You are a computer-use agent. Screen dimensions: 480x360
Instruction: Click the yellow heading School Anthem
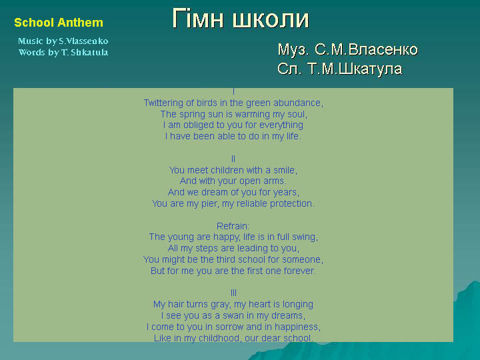point(59,23)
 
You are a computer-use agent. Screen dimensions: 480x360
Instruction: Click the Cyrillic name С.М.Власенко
point(366,49)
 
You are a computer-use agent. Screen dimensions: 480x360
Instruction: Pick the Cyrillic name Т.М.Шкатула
point(355,69)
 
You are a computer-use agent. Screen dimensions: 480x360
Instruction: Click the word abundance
point(298,103)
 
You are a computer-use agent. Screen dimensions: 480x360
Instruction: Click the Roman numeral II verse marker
point(233,159)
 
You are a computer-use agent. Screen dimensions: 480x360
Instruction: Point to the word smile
point(285,170)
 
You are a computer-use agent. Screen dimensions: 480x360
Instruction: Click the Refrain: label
point(233,226)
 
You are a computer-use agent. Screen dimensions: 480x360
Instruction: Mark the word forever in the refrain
point(299,271)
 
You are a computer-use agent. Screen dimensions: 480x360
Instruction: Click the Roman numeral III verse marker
point(233,293)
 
